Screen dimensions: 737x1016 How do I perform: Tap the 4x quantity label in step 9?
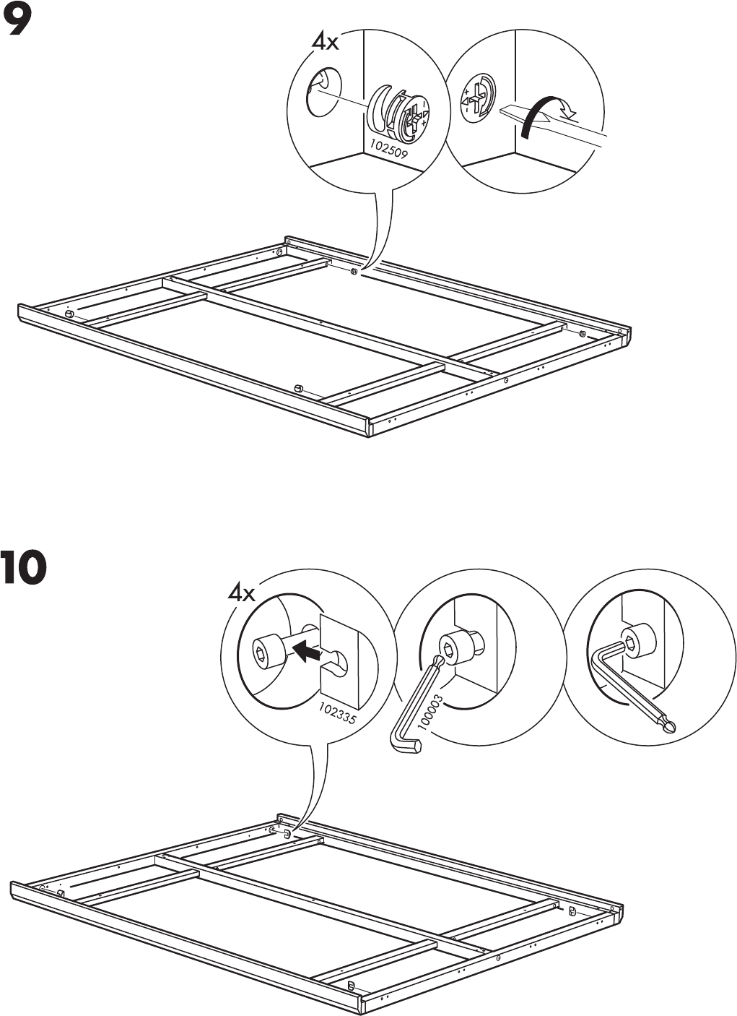pos(325,42)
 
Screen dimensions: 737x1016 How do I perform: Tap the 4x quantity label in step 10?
pos(242,593)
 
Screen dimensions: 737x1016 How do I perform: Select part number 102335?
pos(338,709)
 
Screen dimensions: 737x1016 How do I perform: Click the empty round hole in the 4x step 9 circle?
pos(322,92)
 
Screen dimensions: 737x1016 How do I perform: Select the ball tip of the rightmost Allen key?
pos(669,728)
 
